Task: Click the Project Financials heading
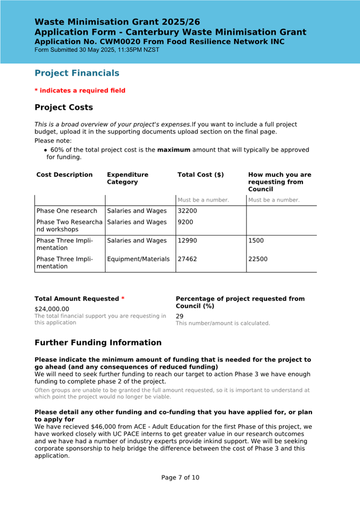point(77,73)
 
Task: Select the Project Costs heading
point(63,107)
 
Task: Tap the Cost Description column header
point(65,175)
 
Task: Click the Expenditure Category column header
point(127,178)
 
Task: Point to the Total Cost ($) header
point(201,175)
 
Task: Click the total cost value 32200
point(187,211)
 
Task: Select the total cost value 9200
point(185,222)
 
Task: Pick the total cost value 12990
point(187,241)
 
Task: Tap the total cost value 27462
point(187,260)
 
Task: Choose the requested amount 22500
point(258,260)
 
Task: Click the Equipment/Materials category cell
point(138,260)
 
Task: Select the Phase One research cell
point(67,211)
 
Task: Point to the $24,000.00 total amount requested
point(52,309)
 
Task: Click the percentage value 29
point(180,316)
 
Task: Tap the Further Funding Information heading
point(98,343)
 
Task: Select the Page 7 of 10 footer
point(180,478)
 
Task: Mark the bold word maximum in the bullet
point(173,150)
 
